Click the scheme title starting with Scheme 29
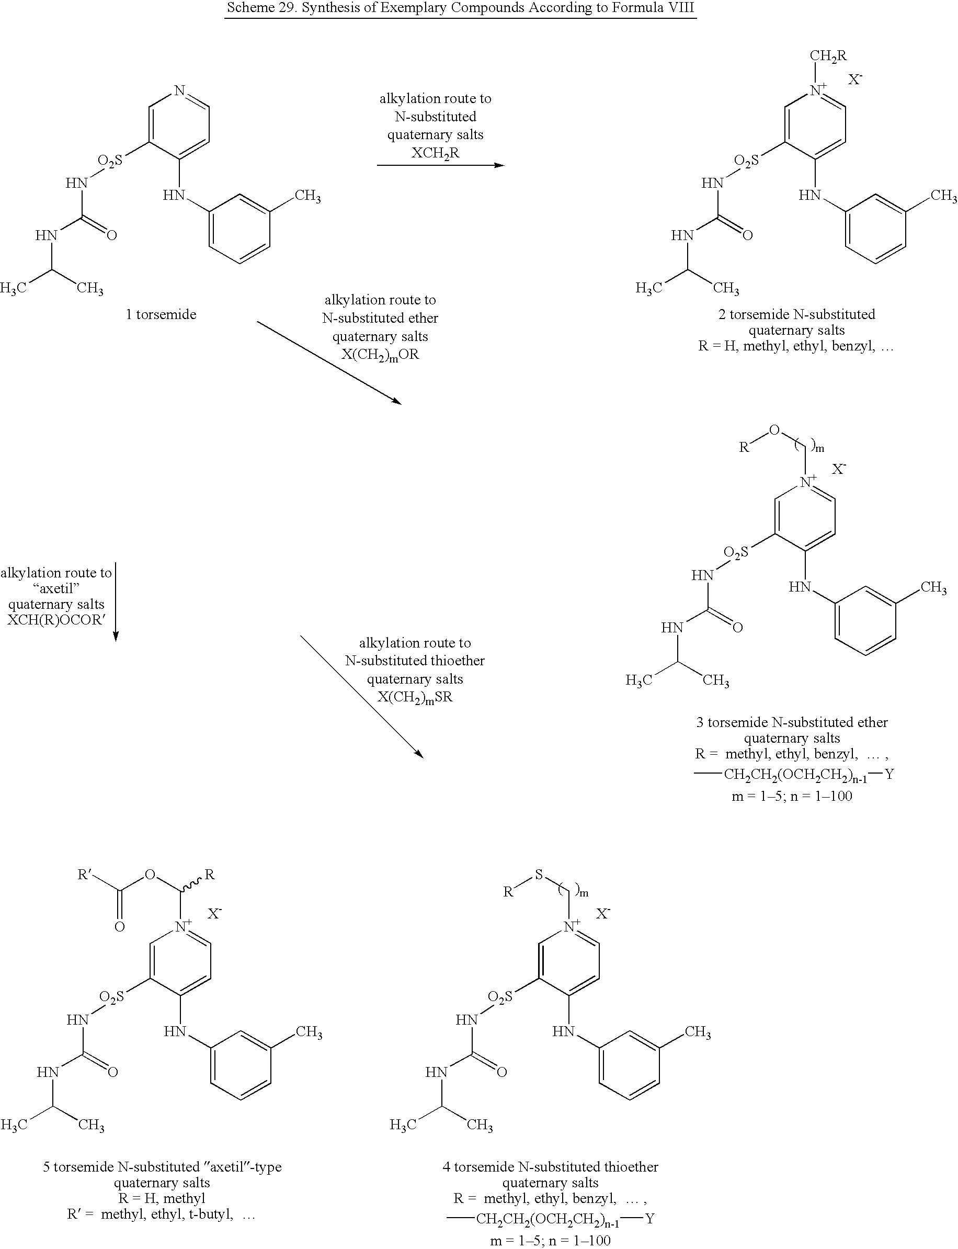click(x=460, y=8)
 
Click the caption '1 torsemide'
click(x=161, y=314)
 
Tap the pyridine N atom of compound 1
click(x=180, y=90)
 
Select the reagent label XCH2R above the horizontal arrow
click(x=435, y=153)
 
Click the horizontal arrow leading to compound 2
click(x=441, y=165)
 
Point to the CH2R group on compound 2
click(x=828, y=56)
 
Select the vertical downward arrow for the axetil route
click(x=116, y=602)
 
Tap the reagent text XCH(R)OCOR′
click(x=56, y=620)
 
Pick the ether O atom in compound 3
click(x=773, y=430)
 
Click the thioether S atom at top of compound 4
click(x=538, y=874)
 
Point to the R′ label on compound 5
click(x=84, y=875)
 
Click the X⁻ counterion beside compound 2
click(x=855, y=80)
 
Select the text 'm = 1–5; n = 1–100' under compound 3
click(x=792, y=796)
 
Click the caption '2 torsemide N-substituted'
click(x=796, y=314)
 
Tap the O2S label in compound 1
click(x=109, y=161)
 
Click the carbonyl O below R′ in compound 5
click(x=119, y=927)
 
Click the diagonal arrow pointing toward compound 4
click(x=362, y=697)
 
